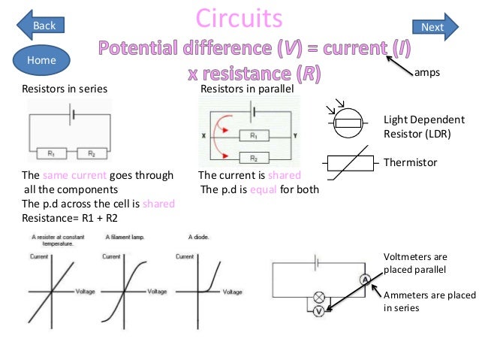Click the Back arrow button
(41, 26)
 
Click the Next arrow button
(435, 27)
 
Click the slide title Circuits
(239, 17)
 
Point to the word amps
(426, 74)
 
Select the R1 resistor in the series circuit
(52, 153)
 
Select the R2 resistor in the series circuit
(92, 153)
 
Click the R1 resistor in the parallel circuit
(254, 135)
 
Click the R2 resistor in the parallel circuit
(254, 159)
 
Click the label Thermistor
(410, 162)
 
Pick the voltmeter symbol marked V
(318, 310)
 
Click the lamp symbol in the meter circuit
(318, 296)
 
